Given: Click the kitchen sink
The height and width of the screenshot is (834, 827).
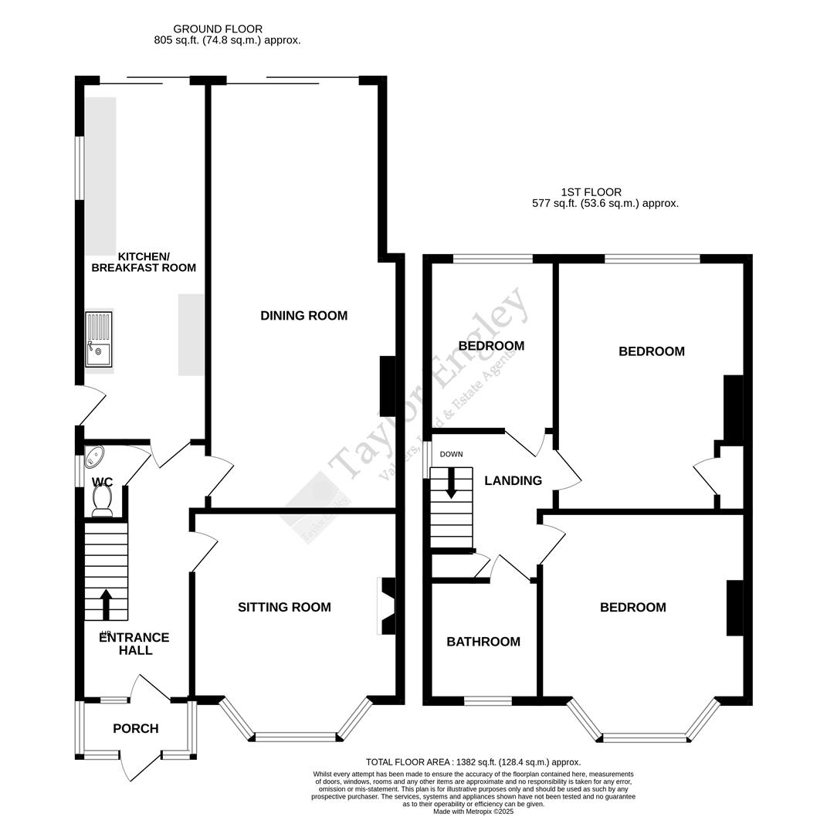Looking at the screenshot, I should [99, 341].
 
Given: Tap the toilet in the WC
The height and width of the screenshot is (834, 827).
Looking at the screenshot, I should [102, 503].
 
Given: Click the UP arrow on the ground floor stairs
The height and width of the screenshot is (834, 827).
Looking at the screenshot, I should [106, 605].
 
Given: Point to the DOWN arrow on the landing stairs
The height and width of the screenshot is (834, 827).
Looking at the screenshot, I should [451, 483].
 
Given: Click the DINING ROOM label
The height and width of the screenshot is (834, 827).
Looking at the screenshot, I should [303, 316].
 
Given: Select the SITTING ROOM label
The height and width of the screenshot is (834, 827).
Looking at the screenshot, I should [284, 608].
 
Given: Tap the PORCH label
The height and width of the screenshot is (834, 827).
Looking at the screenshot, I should [135, 729].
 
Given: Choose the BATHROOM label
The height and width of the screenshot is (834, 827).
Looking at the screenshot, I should [483, 642].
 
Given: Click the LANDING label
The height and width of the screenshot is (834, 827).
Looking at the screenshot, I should [513, 481].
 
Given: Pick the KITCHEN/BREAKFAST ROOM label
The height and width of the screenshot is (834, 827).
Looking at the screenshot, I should [144, 263].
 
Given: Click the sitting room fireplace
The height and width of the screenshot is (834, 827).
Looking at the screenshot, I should [386, 606].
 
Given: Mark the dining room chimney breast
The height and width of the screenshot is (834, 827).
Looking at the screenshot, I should [388, 386].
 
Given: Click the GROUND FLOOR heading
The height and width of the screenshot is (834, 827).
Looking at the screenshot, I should [218, 29].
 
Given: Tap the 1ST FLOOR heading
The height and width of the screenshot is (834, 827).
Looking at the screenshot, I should [591, 192].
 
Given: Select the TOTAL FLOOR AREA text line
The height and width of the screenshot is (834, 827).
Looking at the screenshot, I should [473, 762].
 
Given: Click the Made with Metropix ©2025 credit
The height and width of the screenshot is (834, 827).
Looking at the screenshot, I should [473, 812].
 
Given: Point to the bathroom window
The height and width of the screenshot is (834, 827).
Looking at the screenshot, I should [487, 701].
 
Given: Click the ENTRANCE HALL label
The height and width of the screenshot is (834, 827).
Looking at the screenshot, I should [135, 644].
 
